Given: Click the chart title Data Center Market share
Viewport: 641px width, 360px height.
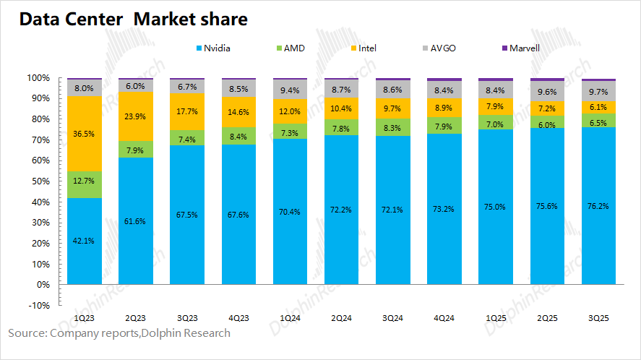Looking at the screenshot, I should pyautogui.click(x=133, y=20).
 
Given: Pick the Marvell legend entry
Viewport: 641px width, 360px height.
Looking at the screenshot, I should pyautogui.click(x=525, y=48).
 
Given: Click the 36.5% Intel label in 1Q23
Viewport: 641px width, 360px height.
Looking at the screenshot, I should pyautogui.click(x=85, y=134).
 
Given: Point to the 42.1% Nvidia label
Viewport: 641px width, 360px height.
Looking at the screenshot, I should pyautogui.click(x=85, y=241).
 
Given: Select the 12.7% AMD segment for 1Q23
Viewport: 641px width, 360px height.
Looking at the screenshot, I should pyautogui.click(x=85, y=184).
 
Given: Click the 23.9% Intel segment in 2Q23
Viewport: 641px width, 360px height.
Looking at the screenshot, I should pyautogui.click(x=136, y=116).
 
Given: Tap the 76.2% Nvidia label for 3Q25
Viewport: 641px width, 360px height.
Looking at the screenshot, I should pyautogui.click(x=598, y=205).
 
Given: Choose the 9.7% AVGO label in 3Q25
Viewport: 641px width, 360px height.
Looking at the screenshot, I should pyautogui.click(x=598, y=93).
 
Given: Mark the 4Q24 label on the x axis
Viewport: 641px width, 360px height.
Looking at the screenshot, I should pyautogui.click(x=444, y=317).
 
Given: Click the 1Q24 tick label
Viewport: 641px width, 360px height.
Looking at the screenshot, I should pyautogui.click(x=290, y=317).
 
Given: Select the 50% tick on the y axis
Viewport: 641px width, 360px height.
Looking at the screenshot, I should pyautogui.click(x=39, y=181).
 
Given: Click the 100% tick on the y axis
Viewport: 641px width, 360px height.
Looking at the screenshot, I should pyautogui.click(x=38, y=77).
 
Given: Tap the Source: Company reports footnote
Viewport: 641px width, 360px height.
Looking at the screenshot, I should pyautogui.click(x=119, y=333).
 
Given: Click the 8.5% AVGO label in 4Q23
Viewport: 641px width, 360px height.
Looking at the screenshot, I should pyautogui.click(x=238, y=90).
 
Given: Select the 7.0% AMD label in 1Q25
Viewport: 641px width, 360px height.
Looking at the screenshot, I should pyautogui.click(x=496, y=124).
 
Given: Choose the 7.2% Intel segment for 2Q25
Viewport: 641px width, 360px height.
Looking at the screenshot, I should pyautogui.click(x=547, y=108).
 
